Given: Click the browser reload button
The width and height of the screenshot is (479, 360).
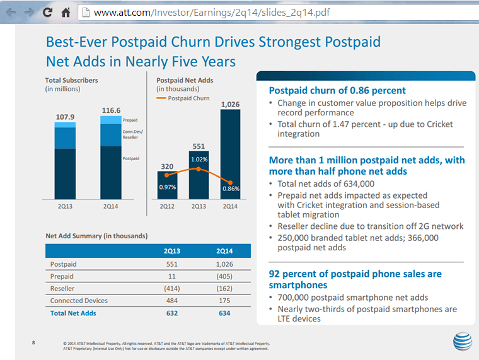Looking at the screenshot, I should point(47,12).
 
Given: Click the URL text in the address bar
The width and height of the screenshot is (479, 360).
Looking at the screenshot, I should point(211,13).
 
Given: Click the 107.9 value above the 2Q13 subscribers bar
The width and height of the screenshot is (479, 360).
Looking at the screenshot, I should point(65,117).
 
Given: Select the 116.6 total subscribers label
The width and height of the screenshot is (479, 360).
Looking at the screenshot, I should point(111,110).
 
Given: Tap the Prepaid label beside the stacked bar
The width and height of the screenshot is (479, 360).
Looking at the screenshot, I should point(130,120).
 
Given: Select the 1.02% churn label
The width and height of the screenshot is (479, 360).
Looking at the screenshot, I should point(199,159).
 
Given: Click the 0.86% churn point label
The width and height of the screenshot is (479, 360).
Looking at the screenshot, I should point(231,189).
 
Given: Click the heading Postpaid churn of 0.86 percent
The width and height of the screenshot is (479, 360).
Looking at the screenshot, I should point(337,90).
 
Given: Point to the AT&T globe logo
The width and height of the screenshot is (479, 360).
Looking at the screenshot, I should point(461,341).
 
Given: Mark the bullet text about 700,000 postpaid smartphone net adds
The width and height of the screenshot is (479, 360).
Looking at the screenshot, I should point(352,298).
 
